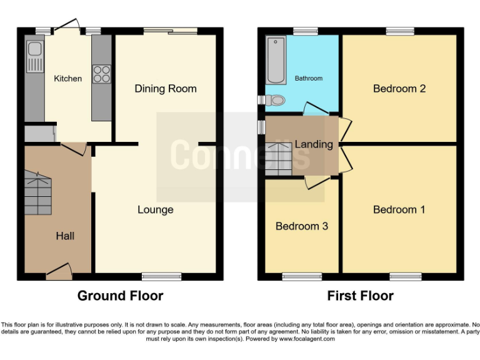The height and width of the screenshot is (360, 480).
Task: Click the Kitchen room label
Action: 67,78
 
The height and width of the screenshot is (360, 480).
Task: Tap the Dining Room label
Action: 166,89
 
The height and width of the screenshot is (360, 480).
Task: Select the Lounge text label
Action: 156,209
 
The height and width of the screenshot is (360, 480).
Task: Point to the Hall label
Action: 65,236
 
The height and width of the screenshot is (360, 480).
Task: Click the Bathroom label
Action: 309,78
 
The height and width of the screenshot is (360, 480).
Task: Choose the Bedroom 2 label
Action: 399,89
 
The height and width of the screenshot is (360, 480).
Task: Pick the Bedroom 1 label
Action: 399,209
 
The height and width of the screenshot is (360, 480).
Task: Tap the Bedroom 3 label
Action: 302,226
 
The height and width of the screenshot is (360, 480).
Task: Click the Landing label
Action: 314,144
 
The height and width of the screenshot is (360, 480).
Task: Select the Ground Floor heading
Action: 120,296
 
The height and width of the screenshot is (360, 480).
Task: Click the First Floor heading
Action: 361,296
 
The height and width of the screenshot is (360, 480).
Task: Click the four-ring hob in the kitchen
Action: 101,74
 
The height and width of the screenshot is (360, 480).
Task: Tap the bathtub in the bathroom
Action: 275,61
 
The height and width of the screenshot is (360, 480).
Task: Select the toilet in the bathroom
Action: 275,99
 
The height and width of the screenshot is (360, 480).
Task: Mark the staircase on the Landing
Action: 279,159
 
